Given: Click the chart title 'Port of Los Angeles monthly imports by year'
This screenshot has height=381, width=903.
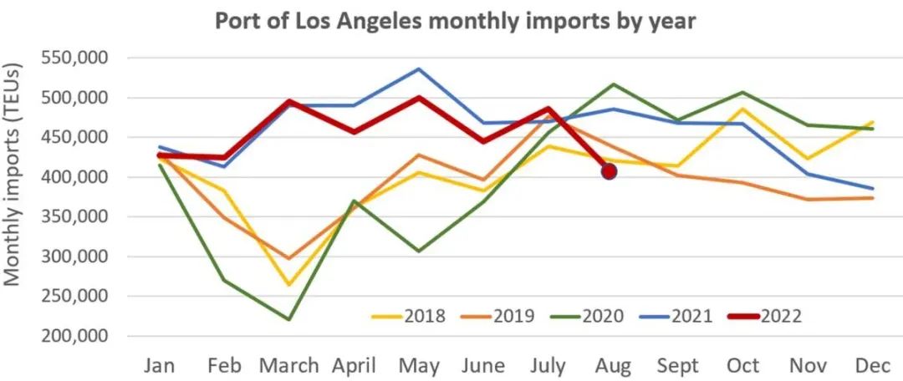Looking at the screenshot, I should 456,21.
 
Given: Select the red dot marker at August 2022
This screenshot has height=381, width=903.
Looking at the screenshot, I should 609,171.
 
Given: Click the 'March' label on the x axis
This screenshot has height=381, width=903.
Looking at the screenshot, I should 288,365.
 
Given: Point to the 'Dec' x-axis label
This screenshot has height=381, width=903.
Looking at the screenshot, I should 873,365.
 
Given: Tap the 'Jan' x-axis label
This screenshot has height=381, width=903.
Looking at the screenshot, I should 159,365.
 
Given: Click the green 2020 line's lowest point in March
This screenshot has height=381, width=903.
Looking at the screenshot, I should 288,319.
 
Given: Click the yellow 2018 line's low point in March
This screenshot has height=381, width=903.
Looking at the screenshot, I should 288,285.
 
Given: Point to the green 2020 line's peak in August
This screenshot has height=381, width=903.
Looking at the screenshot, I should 613,84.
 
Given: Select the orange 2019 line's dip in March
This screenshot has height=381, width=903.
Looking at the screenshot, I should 288,258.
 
